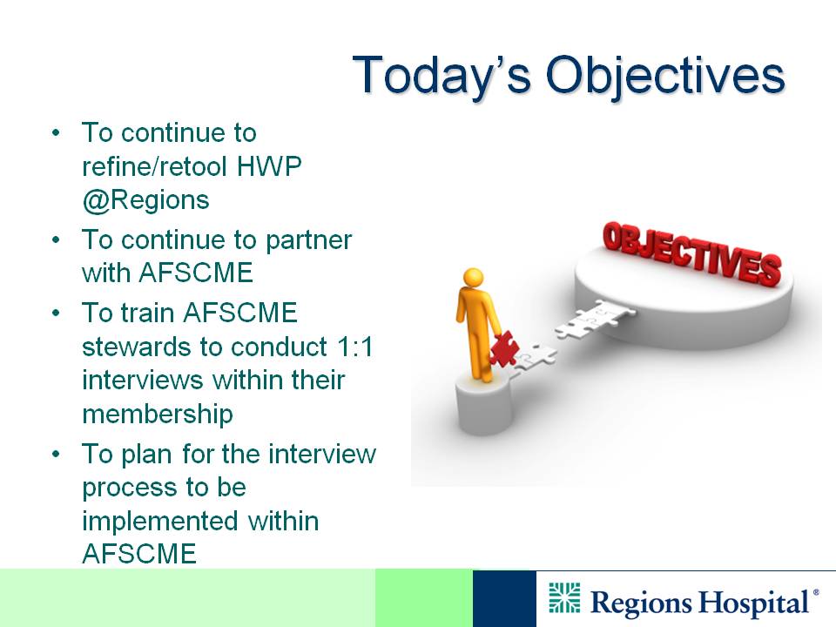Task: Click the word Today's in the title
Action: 442,76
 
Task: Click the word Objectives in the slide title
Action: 665,76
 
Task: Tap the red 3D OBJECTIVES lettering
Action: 692,253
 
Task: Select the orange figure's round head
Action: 474,278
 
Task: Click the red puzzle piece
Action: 504,348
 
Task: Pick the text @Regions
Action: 145,200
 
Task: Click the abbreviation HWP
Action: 269,166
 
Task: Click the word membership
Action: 158,415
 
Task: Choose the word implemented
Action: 159,522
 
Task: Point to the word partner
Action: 308,241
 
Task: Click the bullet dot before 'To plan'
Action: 56,455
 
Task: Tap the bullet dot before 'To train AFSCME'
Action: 56,313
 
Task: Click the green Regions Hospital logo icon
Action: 564,597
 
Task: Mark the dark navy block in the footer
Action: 504,598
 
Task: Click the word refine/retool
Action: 155,166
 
